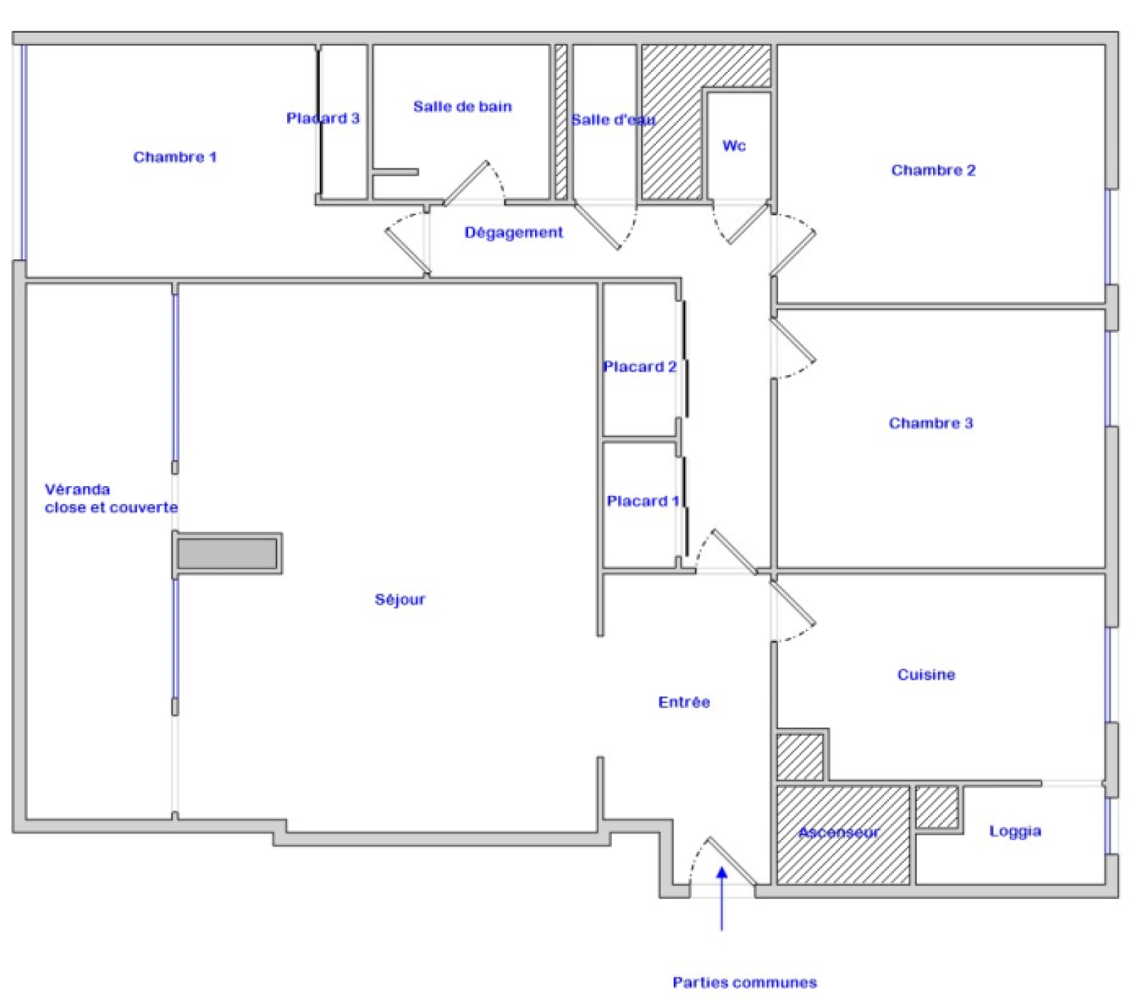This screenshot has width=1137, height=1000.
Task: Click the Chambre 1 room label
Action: pos(175,157)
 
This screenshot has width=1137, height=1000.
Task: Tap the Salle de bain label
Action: pos(463,107)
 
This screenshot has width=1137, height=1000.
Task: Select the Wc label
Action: pos(734,146)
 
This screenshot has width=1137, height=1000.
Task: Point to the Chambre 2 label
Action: pos(934,170)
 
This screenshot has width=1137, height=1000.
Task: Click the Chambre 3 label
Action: pos(931,423)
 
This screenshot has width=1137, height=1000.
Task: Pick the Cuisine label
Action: pos(926,674)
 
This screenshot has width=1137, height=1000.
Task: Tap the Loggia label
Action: pos(1015,832)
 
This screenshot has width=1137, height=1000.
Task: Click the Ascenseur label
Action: pos(839,832)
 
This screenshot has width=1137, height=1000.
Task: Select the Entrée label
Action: pos(684,702)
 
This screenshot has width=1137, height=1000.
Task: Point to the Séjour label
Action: pos(400,600)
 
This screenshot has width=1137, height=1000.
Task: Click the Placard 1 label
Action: pos(643,501)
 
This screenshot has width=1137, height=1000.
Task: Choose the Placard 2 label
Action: pos(640,367)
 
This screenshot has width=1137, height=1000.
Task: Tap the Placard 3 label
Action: pos(323,118)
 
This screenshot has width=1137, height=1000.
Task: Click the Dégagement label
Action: pos(514,232)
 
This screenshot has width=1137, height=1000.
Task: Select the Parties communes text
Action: pos(745,982)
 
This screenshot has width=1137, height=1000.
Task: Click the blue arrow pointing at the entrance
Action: pos(721,898)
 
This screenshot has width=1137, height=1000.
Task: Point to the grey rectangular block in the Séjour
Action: pos(227,554)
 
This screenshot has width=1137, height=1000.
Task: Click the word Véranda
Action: pos(77,489)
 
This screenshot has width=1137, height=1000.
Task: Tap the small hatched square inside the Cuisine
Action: pos(799,757)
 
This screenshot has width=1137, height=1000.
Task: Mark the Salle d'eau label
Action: pos(613,120)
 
